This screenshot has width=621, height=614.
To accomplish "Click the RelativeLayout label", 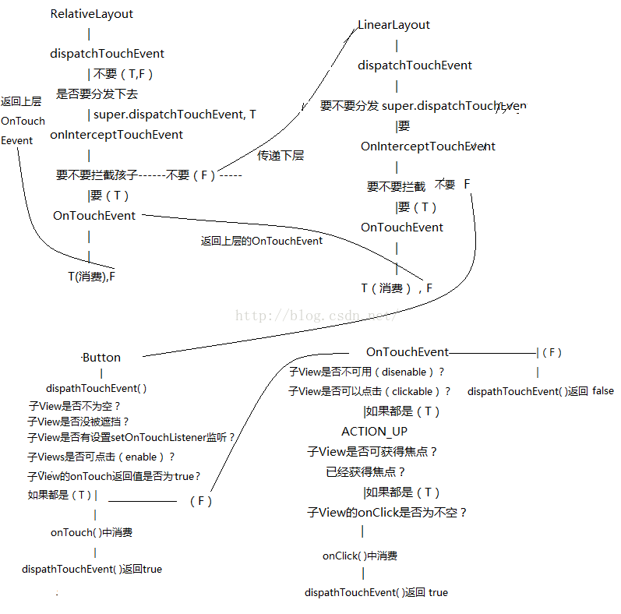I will point(91,14).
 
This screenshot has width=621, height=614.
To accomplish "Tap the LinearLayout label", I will point(393,25).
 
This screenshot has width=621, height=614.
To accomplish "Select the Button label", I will point(102,358).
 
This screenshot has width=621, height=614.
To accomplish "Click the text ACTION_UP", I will point(374,432).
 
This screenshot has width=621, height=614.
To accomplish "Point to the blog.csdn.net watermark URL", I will point(316,316).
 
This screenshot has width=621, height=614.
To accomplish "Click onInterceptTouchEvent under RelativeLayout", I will point(116,135).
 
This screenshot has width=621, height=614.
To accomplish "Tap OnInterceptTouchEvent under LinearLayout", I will point(428,146).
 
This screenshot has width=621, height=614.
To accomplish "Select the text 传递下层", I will point(281,156).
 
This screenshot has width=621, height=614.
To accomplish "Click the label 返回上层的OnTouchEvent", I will point(262,242).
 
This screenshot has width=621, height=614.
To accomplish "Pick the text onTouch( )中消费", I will point(91,533).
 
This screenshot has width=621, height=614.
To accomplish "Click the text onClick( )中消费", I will point(360,556).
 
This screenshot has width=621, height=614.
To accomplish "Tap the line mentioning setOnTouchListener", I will point(131,438).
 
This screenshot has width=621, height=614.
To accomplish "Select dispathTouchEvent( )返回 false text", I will point(540,392).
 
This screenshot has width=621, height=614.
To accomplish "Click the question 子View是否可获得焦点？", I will point(372,452).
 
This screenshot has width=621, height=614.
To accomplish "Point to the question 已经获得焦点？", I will point(366,472).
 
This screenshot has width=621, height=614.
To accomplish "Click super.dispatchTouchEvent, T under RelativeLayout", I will point(175,115).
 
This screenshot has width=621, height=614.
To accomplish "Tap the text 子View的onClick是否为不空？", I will point(387,513).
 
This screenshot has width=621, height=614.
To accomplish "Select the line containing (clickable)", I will point(369,392).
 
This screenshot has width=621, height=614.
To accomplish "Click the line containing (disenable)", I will point(366,372).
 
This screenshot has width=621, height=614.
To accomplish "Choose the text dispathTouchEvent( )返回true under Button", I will point(92,570).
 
